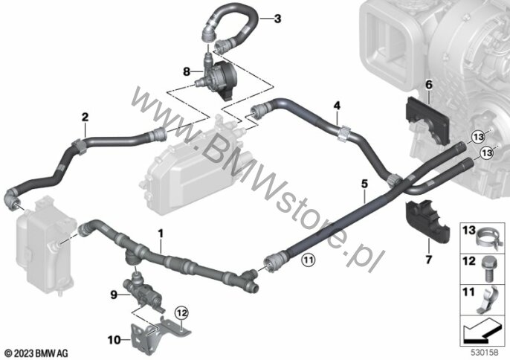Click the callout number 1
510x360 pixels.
point(161,234)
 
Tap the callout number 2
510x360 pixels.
point(85,117)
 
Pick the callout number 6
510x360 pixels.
point(428,87)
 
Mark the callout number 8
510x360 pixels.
point(187,72)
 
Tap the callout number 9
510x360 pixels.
point(114,295)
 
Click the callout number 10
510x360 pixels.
point(114,340)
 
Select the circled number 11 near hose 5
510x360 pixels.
point(308,260)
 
